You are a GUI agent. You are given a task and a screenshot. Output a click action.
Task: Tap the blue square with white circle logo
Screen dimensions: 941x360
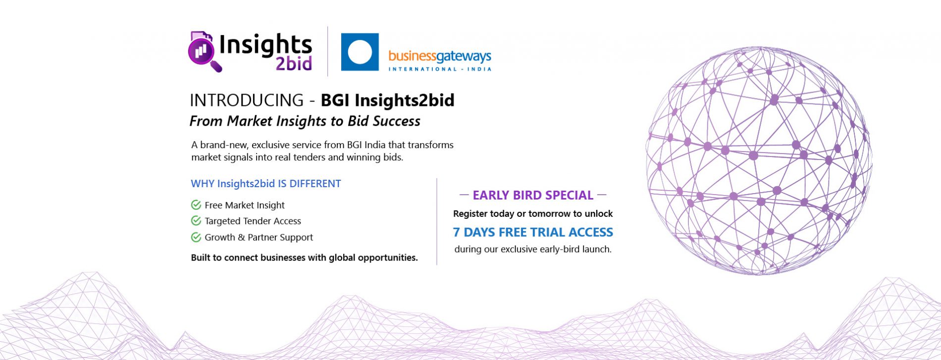pos(360,52)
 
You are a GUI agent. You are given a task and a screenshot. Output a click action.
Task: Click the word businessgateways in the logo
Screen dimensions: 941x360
pos(440,57)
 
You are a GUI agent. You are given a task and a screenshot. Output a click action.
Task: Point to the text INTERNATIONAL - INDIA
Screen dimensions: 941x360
pos(440,69)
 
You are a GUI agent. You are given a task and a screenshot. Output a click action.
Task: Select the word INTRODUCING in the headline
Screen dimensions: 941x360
pos(247,100)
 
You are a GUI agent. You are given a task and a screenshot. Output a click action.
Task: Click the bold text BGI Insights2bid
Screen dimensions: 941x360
pos(387,100)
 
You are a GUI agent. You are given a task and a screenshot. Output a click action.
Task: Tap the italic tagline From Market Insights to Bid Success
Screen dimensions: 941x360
pos(305,121)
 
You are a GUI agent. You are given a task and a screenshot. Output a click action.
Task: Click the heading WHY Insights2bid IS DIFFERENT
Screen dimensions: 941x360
pos(266,184)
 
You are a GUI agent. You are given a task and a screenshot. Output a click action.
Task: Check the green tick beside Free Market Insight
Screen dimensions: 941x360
pos(196,205)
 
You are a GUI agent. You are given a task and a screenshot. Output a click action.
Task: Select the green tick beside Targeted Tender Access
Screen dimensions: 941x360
pos(196,221)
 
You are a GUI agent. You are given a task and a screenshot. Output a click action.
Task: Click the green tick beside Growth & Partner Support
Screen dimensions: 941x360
pos(196,237)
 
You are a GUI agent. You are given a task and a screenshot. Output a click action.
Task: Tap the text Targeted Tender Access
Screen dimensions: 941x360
pos(253,221)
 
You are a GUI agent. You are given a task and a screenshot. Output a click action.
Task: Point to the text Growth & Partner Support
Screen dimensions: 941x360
pos(259,237)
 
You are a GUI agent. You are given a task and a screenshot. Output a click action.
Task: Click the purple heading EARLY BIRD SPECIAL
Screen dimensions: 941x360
pos(533,195)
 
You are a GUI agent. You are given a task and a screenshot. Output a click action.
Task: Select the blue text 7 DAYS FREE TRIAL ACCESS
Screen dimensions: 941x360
pos(533,232)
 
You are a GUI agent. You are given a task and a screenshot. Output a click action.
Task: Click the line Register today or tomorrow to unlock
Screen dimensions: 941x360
pos(533,214)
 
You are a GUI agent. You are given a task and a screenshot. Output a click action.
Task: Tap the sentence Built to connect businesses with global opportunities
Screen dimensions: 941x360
pos(304,257)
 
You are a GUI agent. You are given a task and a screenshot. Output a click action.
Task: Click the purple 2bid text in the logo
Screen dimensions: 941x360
pos(294,63)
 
